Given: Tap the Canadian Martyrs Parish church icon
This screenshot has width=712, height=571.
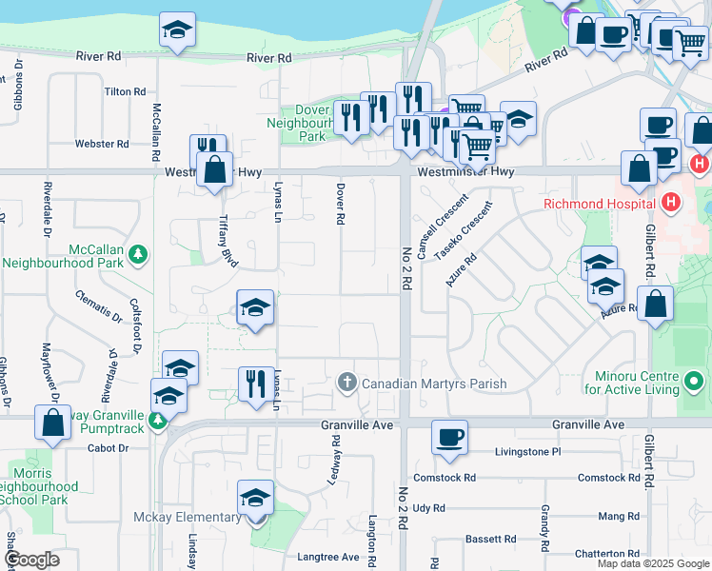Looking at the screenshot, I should pyautogui.click(x=347, y=384).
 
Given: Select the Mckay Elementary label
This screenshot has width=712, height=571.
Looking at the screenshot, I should pyautogui.click(x=188, y=518).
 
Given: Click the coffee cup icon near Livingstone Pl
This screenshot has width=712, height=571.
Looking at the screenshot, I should pyautogui.click(x=449, y=438).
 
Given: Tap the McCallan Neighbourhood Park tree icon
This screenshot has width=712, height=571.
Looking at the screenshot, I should pyautogui.click(x=139, y=254).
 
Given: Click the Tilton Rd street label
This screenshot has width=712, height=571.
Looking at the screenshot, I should pyautogui.click(x=126, y=92).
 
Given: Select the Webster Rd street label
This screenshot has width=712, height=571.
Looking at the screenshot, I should pyautogui.click(x=102, y=145).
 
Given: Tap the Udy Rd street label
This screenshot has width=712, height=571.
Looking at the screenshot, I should pyautogui.click(x=429, y=508).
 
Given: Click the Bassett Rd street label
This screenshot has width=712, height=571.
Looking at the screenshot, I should pyautogui.click(x=489, y=540).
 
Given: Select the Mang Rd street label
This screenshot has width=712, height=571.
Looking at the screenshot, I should pyautogui.click(x=619, y=516).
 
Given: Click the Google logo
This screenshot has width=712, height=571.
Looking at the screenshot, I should pyautogui.click(x=33, y=560).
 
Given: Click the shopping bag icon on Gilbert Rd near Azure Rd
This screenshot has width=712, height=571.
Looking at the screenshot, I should pyautogui.click(x=657, y=305).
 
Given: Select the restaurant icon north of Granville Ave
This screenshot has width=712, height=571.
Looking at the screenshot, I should pyautogui.click(x=255, y=384).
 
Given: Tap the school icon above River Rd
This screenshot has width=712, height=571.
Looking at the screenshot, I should pyautogui.click(x=177, y=30).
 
